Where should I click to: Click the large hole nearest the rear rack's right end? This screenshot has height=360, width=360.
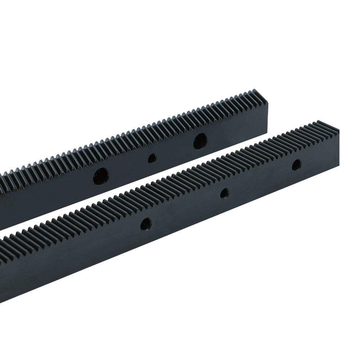pyautogui.click(x=200, y=141)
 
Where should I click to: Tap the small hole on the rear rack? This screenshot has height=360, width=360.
pyautogui.click(x=152, y=158)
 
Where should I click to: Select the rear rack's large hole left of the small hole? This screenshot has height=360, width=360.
pyautogui.click(x=101, y=176)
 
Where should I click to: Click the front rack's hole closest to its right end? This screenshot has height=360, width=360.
pyautogui.click(x=296, y=165)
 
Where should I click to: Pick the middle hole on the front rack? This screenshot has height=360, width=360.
pyautogui.click(x=225, y=193)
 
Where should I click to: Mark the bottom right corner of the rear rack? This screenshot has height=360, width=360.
pyautogui.click(x=267, y=133)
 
